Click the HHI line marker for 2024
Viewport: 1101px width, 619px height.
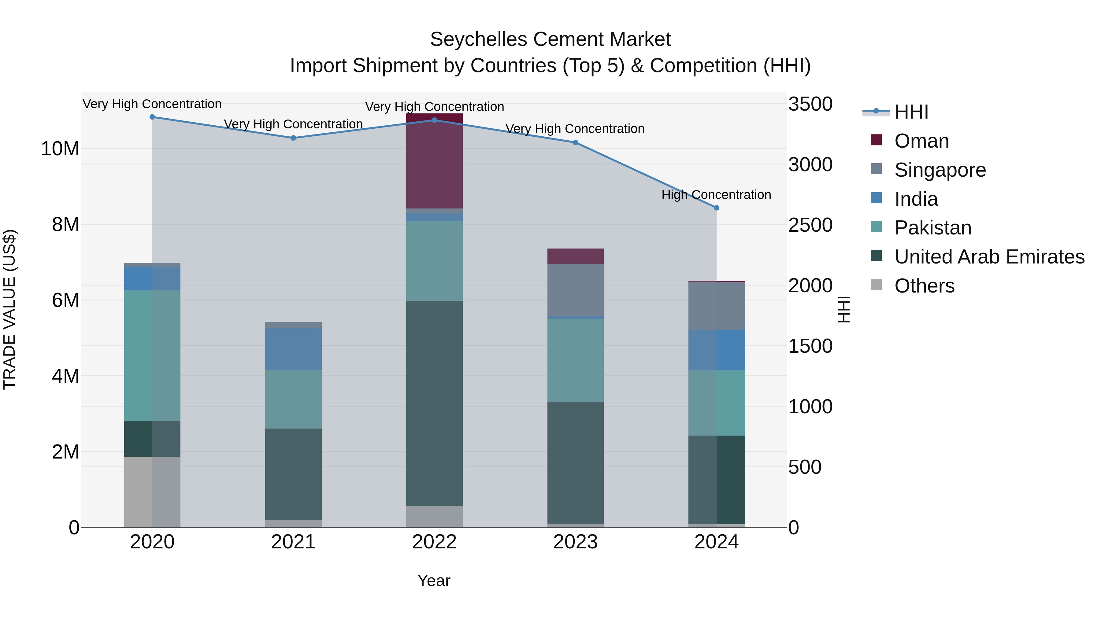pos(716,208)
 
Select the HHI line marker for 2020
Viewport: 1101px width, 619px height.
pos(152,117)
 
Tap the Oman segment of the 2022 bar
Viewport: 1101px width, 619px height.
pos(434,162)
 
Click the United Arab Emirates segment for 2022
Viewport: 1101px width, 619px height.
pos(434,403)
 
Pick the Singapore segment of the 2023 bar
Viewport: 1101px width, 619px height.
pos(575,290)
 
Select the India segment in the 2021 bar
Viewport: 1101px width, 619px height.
pos(293,349)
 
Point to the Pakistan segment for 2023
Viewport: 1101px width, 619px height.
pos(575,360)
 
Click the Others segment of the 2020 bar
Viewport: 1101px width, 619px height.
pos(152,492)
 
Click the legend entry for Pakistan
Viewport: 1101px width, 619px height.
pos(932,228)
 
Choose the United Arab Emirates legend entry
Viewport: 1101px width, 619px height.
pos(989,257)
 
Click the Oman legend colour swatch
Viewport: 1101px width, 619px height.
pos(876,140)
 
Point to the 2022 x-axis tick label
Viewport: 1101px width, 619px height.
pos(434,542)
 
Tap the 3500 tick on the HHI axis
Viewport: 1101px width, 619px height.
pos(810,104)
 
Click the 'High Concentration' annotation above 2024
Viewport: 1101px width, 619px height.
pos(716,195)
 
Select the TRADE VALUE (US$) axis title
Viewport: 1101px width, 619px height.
pos(9,309)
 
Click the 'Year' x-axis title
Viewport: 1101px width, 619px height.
pos(434,580)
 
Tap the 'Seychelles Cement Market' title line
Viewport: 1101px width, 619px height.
pos(550,39)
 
